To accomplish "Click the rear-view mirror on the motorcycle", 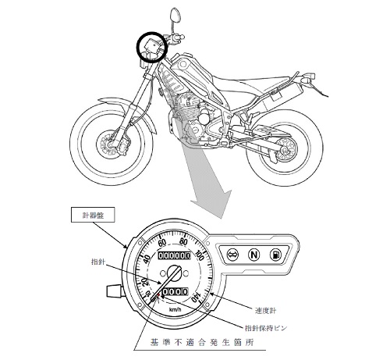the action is tap(174, 15).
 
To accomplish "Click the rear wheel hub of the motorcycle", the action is tap(285, 150).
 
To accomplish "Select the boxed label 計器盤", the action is tap(93, 215).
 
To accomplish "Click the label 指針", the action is tap(98, 262).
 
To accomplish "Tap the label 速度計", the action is tap(265, 310).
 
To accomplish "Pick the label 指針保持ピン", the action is tap(266, 328).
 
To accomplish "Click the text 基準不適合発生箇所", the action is tap(202, 342).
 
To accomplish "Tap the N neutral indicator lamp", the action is tap(253, 254).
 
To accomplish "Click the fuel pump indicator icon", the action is tap(275, 255).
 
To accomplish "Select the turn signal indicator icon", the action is tap(232, 254).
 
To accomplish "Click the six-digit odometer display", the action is tap(175, 255).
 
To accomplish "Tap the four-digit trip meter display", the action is tap(175, 291).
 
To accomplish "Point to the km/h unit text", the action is tap(175, 309).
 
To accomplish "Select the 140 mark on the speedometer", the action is tap(197, 297).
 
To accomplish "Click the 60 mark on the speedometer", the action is tap(162, 243).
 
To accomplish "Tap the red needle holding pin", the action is tap(158, 295).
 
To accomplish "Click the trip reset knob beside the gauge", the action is tap(113, 291).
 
